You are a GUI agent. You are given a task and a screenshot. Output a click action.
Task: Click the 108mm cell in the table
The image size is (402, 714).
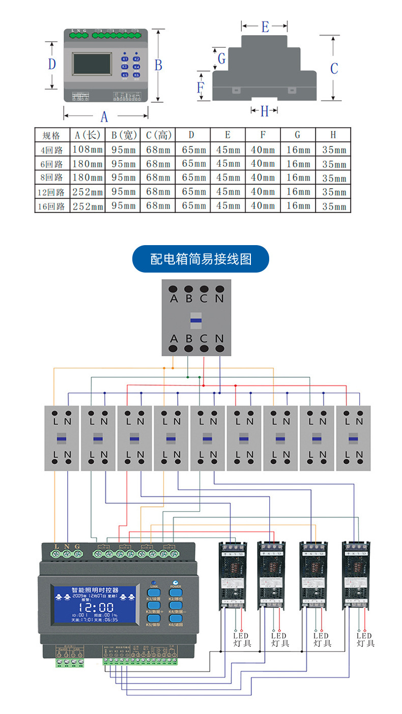(x=88, y=150)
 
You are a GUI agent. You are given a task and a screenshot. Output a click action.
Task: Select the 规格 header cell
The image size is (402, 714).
(x=52, y=135)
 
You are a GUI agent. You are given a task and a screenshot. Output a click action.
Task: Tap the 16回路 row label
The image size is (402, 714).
(x=52, y=206)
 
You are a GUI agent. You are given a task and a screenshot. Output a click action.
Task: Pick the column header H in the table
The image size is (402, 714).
(x=333, y=135)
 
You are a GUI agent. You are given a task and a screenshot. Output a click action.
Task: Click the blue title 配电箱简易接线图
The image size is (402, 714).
(x=200, y=259)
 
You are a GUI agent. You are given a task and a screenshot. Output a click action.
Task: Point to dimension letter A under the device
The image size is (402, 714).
(x=104, y=117)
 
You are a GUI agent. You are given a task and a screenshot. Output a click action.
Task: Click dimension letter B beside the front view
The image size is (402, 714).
(x=158, y=65)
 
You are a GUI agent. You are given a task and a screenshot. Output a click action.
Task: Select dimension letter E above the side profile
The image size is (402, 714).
(x=265, y=27)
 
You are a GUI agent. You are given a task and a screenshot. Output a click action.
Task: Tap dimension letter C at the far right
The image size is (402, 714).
(x=334, y=68)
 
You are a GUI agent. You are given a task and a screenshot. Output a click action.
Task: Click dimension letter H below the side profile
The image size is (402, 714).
(x=264, y=111)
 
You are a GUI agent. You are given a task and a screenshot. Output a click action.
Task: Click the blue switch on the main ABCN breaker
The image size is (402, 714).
(x=196, y=320)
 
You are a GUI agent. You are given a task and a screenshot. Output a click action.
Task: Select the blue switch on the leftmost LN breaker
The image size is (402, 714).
(x=61, y=438)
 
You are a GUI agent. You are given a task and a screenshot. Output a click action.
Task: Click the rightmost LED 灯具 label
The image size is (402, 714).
(x=365, y=639)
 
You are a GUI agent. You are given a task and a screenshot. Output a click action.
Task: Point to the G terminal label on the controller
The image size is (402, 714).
(x=77, y=546)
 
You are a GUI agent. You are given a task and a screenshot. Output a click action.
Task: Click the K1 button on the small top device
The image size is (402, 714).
(x=125, y=59)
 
